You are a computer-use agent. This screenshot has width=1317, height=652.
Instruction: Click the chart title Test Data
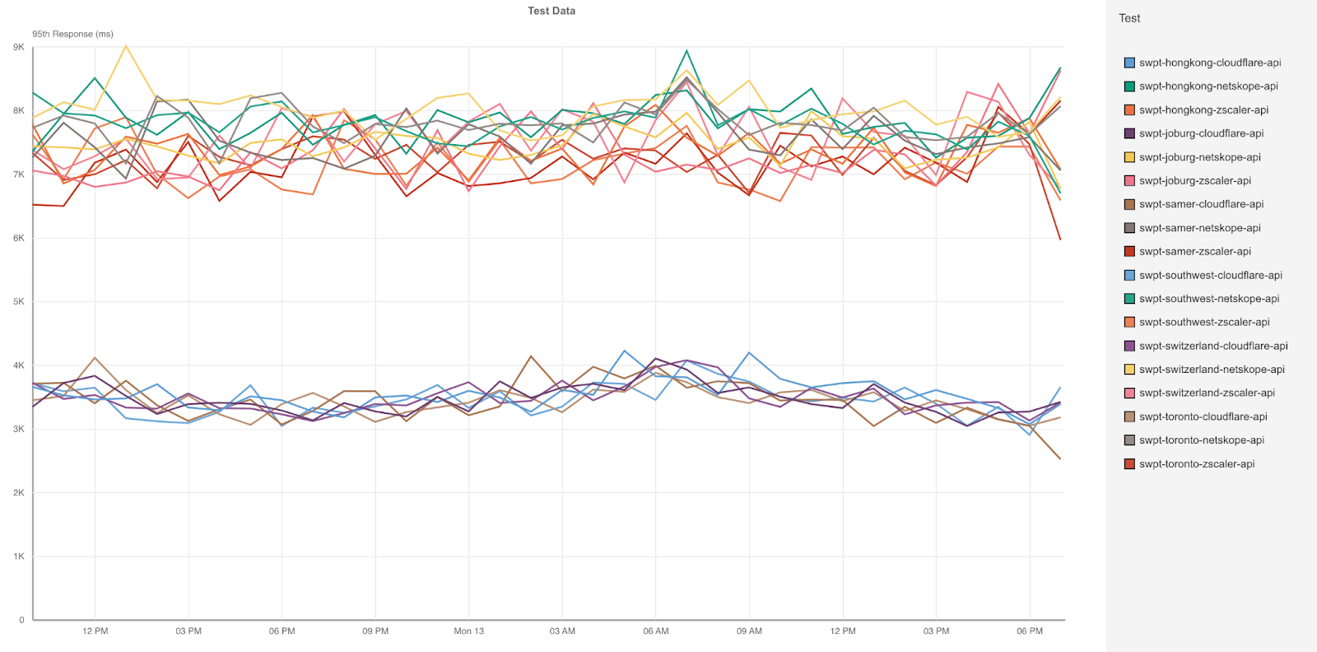pos(551,11)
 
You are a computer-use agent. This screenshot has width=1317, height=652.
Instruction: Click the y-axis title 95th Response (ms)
pos(72,34)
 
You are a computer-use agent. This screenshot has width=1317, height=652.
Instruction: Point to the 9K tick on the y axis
pos(19,47)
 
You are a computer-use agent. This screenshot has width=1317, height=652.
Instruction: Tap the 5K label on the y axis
pos(19,301)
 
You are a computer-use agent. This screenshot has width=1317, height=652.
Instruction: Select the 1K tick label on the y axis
pos(19,557)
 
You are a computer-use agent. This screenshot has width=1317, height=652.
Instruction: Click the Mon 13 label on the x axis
pos(469,631)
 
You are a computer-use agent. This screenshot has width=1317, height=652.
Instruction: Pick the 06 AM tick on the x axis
pos(656,631)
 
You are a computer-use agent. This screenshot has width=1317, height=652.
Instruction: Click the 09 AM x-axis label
pos(749,631)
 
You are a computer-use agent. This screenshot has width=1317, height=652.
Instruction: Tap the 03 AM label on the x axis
pos(562,631)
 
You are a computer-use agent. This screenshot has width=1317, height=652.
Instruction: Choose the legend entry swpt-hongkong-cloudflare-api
pos(1210,63)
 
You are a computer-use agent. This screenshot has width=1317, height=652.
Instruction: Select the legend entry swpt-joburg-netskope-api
pos(1199,157)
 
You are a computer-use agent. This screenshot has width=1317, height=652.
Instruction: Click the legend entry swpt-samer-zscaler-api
pos(1194,252)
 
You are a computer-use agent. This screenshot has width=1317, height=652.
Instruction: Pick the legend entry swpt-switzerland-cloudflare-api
pos(1213,347)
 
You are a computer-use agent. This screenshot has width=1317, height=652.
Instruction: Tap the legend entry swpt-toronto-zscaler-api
pos(1197,464)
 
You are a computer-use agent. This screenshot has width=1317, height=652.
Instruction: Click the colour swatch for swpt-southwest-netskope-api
pos(1129,299)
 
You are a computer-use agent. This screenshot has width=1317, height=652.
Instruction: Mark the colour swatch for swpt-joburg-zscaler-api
pos(1129,181)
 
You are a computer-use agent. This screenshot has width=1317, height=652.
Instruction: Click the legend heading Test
pos(1129,18)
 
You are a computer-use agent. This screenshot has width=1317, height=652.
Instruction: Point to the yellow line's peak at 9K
pos(126,46)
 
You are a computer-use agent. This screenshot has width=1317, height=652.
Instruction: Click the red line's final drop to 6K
pos(1060,239)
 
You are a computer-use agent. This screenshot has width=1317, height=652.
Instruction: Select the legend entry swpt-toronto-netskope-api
pos(1201,440)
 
